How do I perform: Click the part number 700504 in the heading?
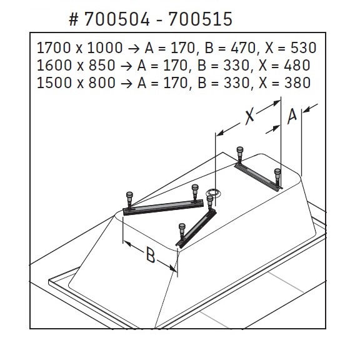point(117,19)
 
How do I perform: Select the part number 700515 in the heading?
point(200,19)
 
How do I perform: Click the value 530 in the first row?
point(304,48)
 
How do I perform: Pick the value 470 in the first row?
point(243,48)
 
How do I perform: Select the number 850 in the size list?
point(102,65)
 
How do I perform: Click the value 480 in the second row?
point(297,65)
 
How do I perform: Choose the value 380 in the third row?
point(297,82)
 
